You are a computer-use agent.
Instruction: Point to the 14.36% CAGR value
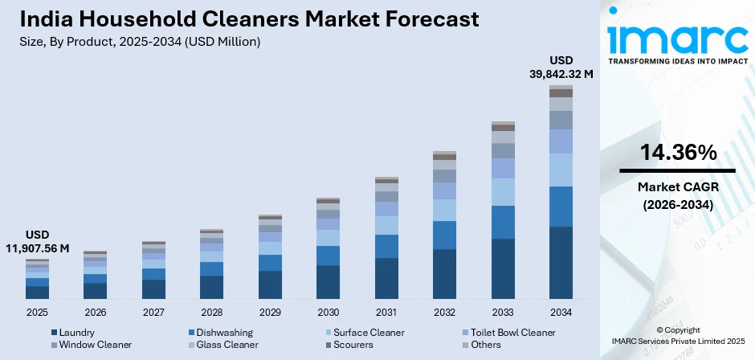coord(678,152)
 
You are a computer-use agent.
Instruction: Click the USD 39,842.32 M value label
coord(561,67)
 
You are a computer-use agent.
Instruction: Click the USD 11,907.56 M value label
coord(37,242)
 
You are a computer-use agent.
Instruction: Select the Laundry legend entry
coord(77,332)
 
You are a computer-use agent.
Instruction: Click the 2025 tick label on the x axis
coord(37,312)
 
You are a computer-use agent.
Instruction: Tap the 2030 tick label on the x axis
coord(328,312)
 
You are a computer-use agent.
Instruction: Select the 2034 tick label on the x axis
coord(561,312)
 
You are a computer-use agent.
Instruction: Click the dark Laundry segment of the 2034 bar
coord(561,263)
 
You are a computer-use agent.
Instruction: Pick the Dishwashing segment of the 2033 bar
coord(503,222)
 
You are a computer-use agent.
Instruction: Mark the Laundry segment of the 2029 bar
coord(270,284)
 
